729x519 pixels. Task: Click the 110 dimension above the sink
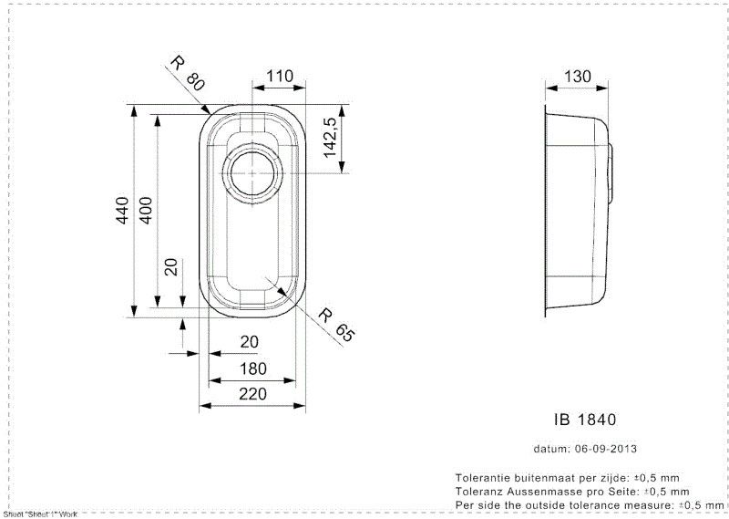coord(279,77)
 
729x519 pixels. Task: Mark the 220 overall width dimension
coord(252,394)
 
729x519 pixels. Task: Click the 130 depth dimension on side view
coord(576,77)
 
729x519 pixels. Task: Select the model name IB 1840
coord(585,420)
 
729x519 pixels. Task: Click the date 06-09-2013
coord(604,449)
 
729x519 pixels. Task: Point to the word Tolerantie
coord(482,478)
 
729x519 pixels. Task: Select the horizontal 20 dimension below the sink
coord(248,342)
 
